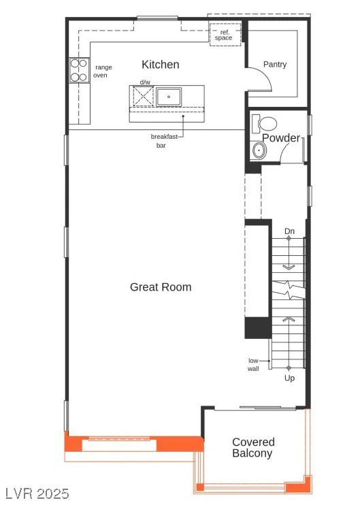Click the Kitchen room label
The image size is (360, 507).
(x=161, y=65)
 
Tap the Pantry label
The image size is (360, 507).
(x=275, y=65)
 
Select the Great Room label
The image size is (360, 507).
(x=161, y=287)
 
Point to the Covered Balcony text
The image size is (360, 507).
(x=253, y=448)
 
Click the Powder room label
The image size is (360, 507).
(x=281, y=137)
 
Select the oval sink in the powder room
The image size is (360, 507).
(x=259, y=150)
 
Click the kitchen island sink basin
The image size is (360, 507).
(x=169, y=97)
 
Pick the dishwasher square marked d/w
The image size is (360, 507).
(x=143, y=96)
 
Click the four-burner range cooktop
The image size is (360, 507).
(x=80, y=70)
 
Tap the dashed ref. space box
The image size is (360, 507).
(x=225, y=34)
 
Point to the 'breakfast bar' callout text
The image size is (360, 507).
(x=164, y=141)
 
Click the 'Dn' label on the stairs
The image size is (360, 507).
(x=289, y=231)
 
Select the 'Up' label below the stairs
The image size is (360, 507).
(x=289, y=378)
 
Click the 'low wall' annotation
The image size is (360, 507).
(x=253, y=364)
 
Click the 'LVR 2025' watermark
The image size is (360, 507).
(x=37, y=494)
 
